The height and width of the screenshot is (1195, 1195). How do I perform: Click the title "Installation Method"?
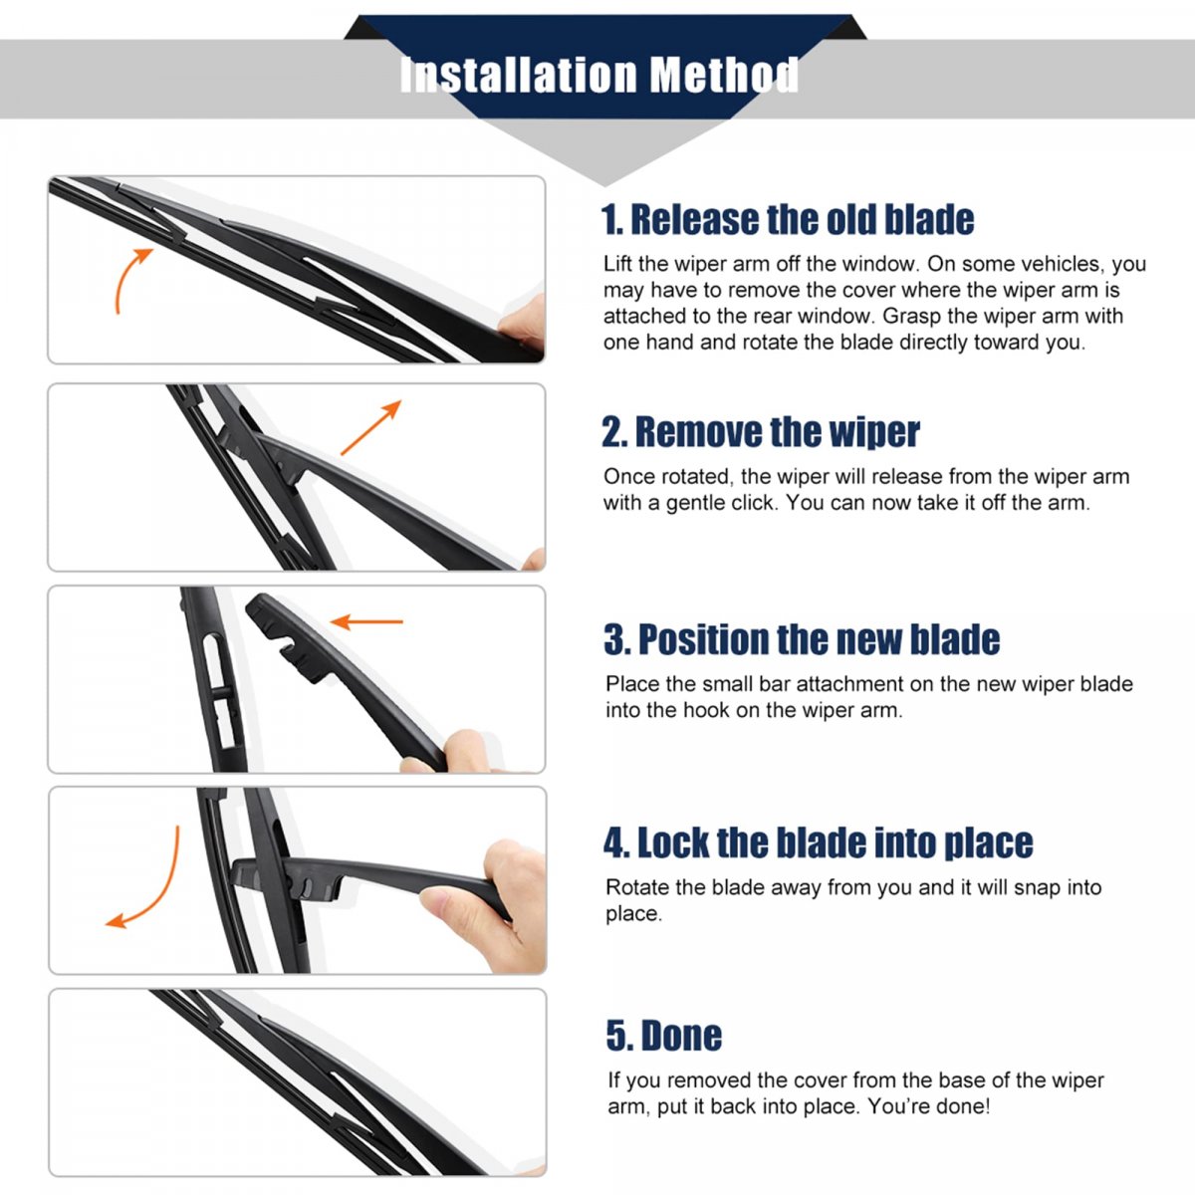(599, 75)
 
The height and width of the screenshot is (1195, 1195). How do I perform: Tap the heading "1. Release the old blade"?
(788, 219)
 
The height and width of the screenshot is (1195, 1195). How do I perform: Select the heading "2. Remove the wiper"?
(760, 431)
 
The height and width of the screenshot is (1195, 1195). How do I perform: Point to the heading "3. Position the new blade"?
(802, 639)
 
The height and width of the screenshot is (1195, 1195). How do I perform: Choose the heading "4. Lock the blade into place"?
(819, 842)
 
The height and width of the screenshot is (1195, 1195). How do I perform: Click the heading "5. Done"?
(664, 1036)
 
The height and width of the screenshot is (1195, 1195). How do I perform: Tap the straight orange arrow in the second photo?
(370, 428)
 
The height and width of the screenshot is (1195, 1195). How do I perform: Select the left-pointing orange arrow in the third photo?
(366, 620)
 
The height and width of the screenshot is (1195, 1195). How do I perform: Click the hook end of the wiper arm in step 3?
(285, 638)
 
